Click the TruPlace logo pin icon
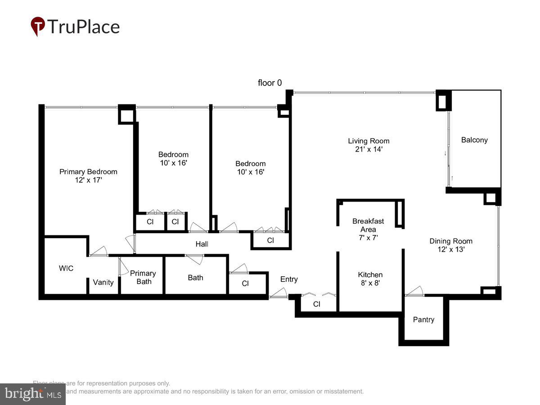click(38, 26)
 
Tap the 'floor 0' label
click(270, 83)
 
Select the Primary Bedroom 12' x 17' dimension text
click(88, 180)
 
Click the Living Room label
click(368, 141)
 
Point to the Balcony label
click(474, 140)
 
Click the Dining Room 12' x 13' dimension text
click(450, 249)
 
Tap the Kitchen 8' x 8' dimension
click(370, 283)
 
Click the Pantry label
click(423, 319)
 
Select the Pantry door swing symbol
click(414, 291)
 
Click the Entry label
click(289, 279)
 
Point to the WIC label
click(66, 268)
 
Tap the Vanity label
click(103, 282)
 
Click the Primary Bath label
click(143, 277)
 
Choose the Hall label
click(202, 244)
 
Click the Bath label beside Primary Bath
click(195, 278)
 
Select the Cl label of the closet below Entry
click(317, 304)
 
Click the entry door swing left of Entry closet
click(278, 293)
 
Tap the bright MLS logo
click(32, 394)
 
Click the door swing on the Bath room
click(194, 259)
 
